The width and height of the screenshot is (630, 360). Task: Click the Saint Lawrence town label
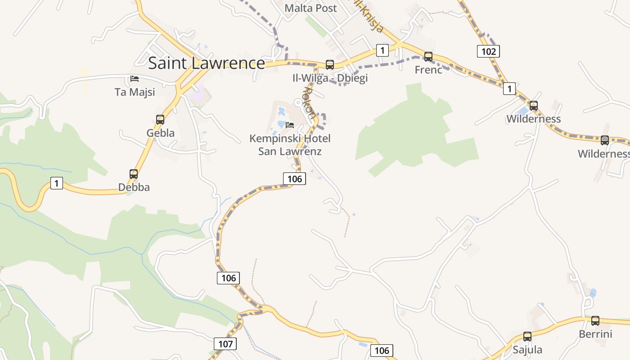(x=207, y=63)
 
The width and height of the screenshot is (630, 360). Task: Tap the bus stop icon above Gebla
(x=160, y=120)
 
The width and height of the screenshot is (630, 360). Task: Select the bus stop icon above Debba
(x=134, y=174)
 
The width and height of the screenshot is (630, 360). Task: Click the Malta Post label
(x=311, y=8)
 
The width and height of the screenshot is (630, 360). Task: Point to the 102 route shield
(x=488, y=51)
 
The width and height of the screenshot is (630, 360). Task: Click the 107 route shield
(x=225, y=344)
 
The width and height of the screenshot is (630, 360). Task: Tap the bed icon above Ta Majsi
(x=135, y=79)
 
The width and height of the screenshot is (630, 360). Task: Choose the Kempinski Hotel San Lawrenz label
(x=290, y=144)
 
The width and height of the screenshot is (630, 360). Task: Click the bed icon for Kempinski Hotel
(x=290, y=125)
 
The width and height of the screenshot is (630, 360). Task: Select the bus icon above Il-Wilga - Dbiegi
(x=330, y=65)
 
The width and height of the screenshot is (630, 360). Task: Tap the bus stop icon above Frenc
(x=428, y=57)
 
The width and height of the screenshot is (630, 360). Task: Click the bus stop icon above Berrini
(x=595, y=321)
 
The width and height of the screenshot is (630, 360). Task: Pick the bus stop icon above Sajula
(x=527, y=337)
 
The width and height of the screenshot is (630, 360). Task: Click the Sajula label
(x=527, y=350)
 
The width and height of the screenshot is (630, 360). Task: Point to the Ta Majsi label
(x=135, y=92)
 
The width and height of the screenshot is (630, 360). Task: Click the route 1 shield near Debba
(x=56, y=183)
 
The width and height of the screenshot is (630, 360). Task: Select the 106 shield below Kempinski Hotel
(x=294, y=179)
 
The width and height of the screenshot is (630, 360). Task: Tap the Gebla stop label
(x=160, y=133)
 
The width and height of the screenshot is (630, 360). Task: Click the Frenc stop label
(x=428, y=70)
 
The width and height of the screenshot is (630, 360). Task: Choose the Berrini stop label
(x=595, y=334)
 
